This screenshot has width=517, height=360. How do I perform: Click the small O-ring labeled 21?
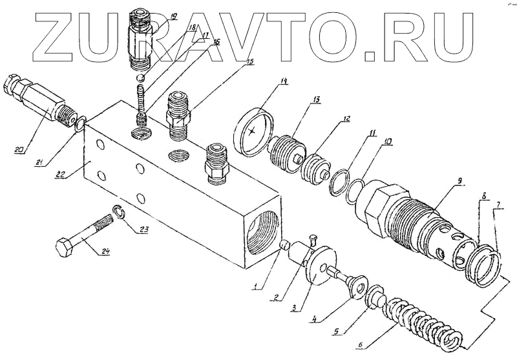pos(79,123)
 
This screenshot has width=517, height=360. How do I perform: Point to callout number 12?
pos(346,120)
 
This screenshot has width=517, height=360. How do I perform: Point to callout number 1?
pos(257,287)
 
